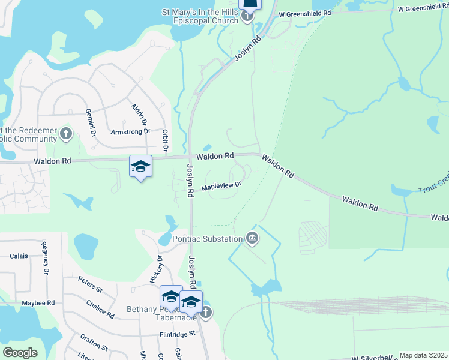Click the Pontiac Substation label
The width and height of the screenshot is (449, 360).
click(x=208, y=239)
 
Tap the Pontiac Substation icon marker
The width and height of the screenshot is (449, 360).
click(x=253, y=239)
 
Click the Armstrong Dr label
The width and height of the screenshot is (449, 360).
click(x=130, y=131)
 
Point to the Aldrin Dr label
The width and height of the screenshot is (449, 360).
click(x=137, y=113)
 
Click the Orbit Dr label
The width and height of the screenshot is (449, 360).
click(x=165, y=139)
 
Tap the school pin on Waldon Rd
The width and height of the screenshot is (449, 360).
click(x=140, y=167)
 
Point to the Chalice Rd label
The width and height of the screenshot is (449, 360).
click(x=100, y=309)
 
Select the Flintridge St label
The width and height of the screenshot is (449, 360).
click(x=178, y=334)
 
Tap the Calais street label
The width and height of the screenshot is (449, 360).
click(x=19, y=256)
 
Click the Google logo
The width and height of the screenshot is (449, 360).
click(x=20, y=353)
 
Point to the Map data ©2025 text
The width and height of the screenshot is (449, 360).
click(x=423, y=355)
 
